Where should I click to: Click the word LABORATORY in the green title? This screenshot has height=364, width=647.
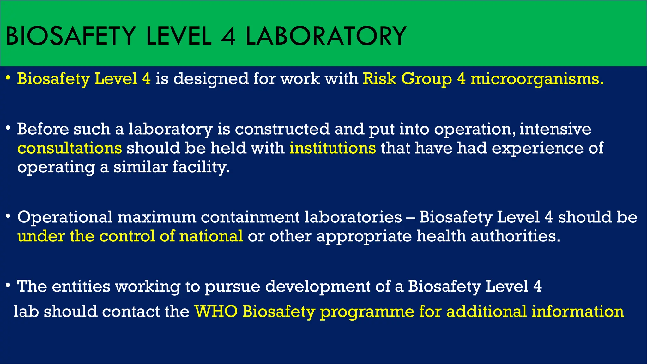coord(326,36)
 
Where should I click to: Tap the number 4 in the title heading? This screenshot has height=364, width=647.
coord(228,36)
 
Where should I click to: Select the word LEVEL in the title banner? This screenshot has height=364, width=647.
coord(178,36)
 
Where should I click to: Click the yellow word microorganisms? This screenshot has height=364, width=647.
coord(537,79)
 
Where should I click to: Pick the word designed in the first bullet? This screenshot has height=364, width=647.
coord(211,79)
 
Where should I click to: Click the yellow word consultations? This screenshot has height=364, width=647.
coord(70,148)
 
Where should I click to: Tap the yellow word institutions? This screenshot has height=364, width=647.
coord(333,148)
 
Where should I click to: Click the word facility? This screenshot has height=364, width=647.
coord(201,167)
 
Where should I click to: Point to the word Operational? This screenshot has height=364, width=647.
coord(65,217)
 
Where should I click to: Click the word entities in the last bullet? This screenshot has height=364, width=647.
coord(81,286)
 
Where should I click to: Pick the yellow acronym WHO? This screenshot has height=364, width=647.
coord(216,312)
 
